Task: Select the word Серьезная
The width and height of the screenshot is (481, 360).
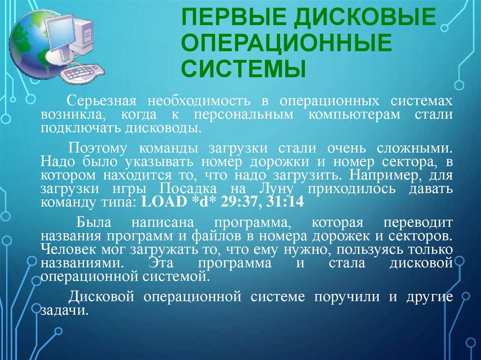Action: pos(101,101)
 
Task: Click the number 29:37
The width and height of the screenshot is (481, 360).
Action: pos(240,203)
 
